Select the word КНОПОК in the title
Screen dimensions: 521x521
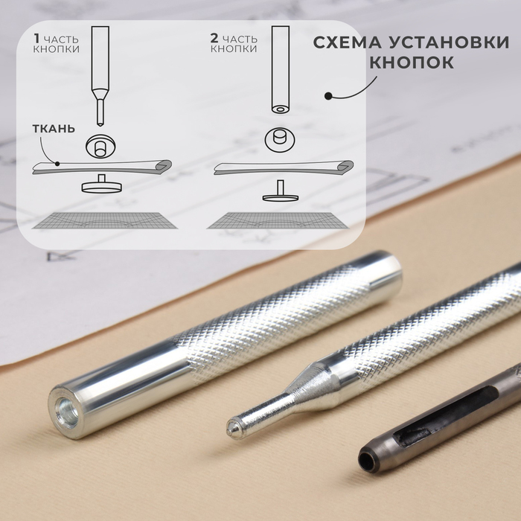412,62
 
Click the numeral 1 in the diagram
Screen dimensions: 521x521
37,39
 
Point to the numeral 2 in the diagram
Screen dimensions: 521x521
214,39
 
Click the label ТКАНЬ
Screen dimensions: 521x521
54,129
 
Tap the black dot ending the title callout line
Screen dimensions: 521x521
328,96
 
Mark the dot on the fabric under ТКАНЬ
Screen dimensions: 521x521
57,164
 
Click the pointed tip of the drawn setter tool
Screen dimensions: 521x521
99,124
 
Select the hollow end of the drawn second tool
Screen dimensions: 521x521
281,109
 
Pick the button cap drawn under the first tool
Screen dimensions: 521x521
100,146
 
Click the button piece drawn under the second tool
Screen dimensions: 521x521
280,139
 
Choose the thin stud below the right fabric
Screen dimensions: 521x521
281,191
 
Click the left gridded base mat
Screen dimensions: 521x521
105,220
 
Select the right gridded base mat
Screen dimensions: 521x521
278,220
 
